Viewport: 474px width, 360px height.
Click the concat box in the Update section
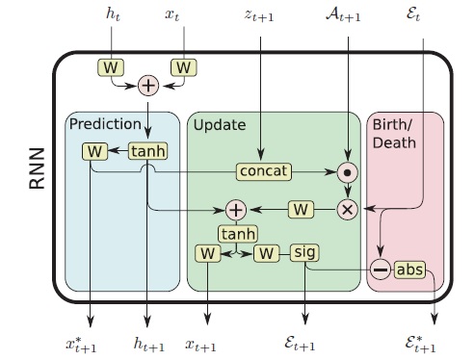click(262, 170)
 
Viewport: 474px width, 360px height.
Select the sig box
click(304, 252)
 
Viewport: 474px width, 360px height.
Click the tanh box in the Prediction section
click(148, 151)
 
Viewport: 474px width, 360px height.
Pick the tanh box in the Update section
click(236, 232)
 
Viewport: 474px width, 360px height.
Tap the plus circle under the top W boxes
click(148, 85)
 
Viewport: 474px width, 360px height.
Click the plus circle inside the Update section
click(235, 207)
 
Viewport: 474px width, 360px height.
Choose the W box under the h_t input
click(110, 67)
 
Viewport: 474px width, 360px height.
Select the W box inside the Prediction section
click(94, 151)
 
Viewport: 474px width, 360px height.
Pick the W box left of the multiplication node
click(301, 207)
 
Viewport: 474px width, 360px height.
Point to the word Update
click(218, 125)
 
